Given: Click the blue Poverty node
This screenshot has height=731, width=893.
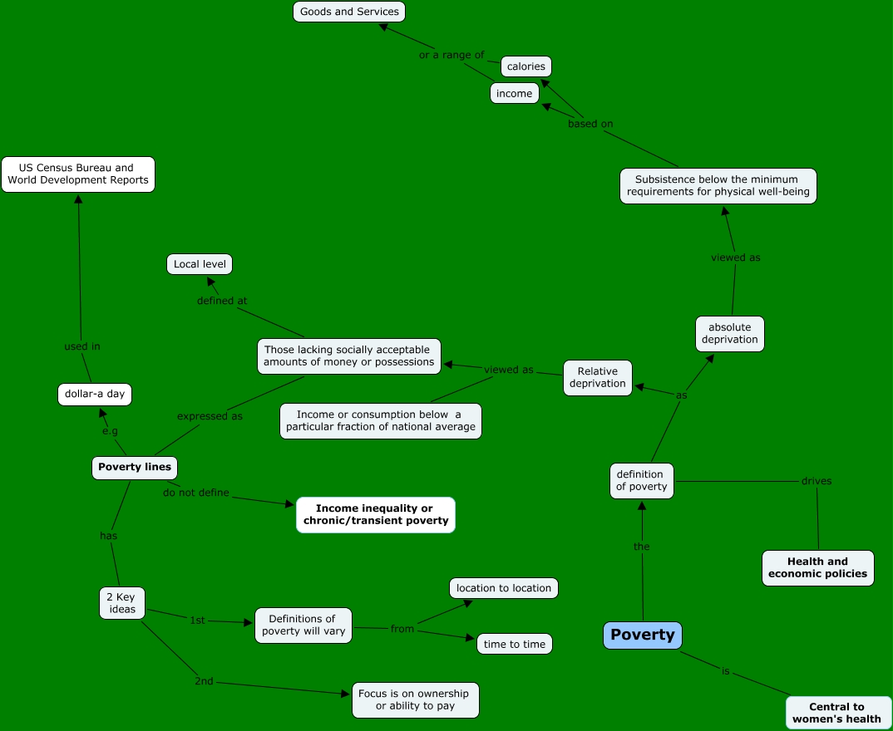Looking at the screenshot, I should [x=643, y=635].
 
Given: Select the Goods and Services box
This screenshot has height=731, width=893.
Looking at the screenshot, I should [x=349, y=12].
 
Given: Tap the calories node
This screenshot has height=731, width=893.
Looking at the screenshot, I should [x=526, y=66].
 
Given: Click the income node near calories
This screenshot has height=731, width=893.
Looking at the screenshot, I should [x=514, y=94].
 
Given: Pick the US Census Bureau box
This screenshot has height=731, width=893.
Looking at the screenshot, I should [x=78, y=174].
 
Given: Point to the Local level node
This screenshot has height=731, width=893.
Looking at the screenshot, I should [x=200, y=264].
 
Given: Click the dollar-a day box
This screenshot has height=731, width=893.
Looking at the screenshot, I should [x=94, y=394].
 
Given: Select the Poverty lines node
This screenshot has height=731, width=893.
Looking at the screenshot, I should [x=135, y=467].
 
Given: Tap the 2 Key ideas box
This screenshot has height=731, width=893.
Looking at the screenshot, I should [x=121, y=603].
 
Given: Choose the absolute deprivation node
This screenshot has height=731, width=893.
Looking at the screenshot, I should [x=729, y=333].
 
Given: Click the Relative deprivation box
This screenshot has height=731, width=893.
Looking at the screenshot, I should [x=597, y=378].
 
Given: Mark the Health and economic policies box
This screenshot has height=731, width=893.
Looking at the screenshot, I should [x=817, y=567].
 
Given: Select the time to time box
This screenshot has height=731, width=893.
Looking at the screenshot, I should [x=515, y=644].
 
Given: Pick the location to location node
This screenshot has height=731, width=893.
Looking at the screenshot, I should [x=504, y=588].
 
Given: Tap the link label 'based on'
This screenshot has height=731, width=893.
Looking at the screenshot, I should [x=590, y=124].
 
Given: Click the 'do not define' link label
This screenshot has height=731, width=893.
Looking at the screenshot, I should [x=196, y=493].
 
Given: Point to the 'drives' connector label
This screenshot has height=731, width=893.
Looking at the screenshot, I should [x=816, y=481].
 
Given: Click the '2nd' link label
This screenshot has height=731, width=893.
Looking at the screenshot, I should [x=204, y=681].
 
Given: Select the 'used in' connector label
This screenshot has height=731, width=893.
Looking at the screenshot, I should [x=81, y=346].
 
